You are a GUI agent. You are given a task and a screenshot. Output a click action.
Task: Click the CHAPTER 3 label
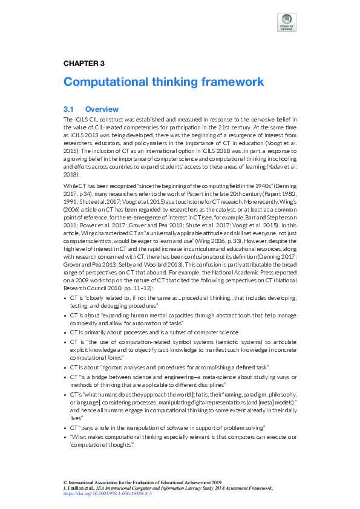tap(84, 63)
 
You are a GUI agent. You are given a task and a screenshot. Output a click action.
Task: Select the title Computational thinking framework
tap(163, 82)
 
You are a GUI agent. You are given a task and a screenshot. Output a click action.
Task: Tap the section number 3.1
tap(68, 109)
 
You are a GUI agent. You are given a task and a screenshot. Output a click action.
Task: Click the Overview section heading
tap(102, 109)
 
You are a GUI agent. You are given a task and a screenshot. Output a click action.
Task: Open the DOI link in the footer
tap(107, 494)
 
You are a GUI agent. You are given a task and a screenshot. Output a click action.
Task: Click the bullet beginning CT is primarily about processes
tap(154, 332)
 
